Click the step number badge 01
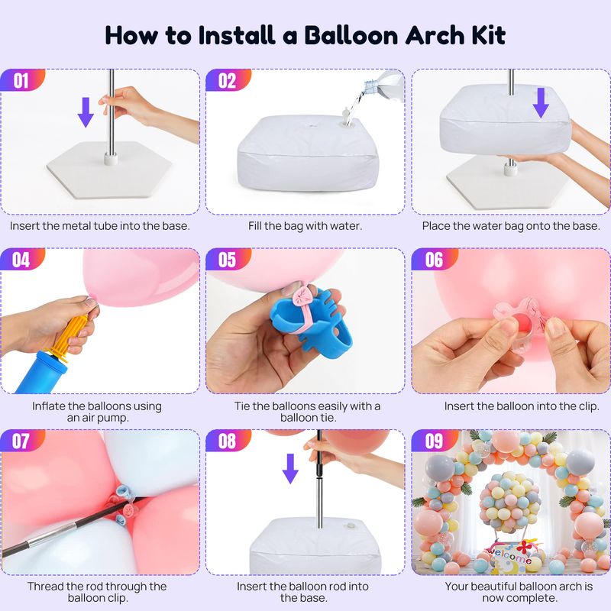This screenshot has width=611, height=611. [21, 80]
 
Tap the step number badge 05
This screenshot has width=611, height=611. [227, 259]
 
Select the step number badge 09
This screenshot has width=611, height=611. [433, 441]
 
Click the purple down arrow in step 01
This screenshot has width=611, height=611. [86, 112]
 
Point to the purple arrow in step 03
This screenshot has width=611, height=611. [541, 102]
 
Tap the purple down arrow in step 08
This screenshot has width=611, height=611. [290, 468]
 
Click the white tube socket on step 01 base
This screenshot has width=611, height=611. [111, 159]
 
